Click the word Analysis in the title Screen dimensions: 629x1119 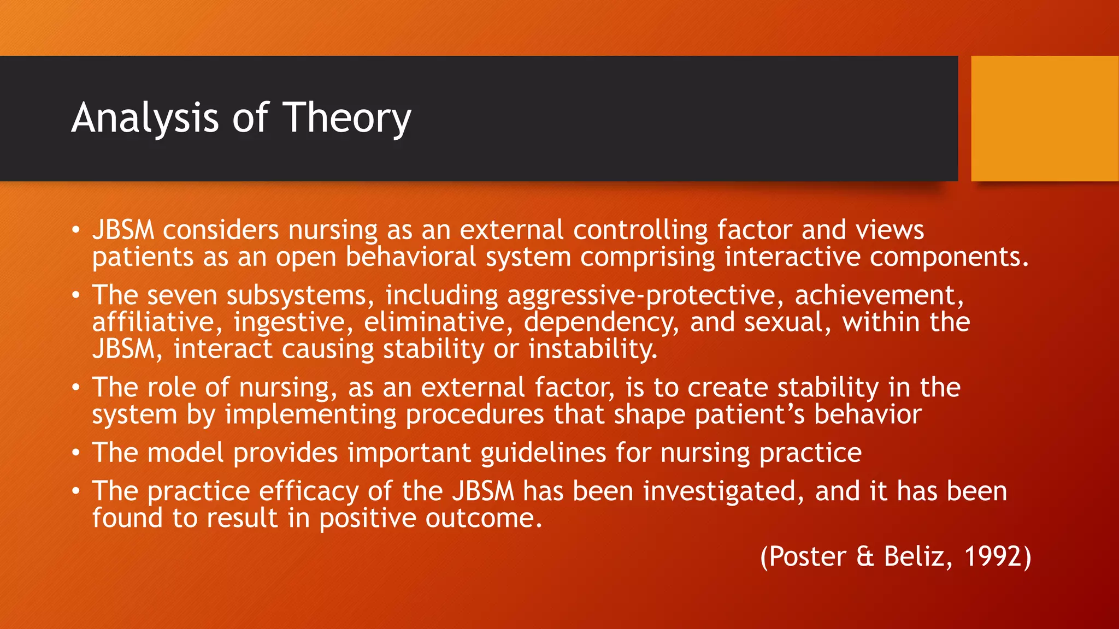pyautogui.click(x=145, y=118)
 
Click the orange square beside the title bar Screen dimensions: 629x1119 pyautogui.click(x=1044, y=118)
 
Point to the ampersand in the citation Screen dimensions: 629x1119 pyautogui.click(x=865, y=557)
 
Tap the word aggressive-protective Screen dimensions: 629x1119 pyautogui.click(x=641, y=296)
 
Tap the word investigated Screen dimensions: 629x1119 pyautogui.click(x=723, y=491)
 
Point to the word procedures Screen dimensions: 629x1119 pyautogui.click(x=475, y=415)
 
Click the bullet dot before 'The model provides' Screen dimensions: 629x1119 pyautogui.click(x=76, y=453)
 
